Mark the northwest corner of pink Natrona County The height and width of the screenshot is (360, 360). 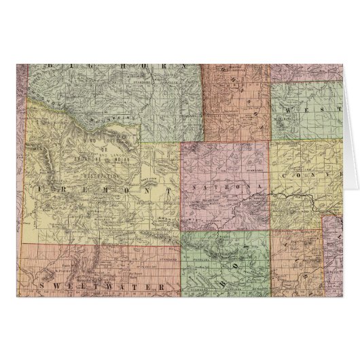pos(182,144)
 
